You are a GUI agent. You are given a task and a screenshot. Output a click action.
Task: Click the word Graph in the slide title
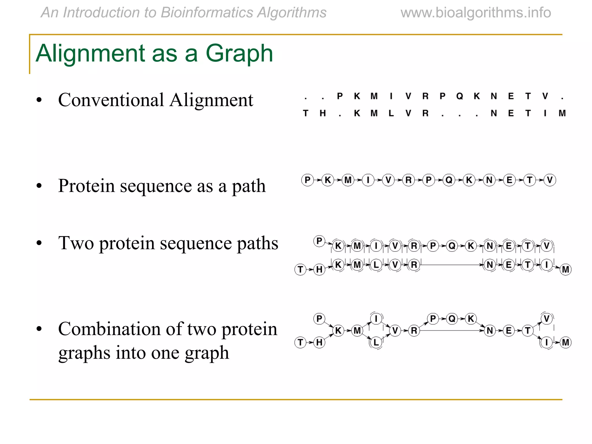tap(239, 53)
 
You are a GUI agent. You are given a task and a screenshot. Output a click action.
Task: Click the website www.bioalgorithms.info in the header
tap(476, 13)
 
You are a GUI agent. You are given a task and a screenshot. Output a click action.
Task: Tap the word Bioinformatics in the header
tap(207, 13)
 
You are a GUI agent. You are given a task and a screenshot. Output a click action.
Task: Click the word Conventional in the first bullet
tap(111, 100)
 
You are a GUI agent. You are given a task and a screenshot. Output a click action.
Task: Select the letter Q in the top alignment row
tap(460, 96)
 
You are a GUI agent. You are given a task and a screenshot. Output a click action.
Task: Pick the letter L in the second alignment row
tap(391, 113)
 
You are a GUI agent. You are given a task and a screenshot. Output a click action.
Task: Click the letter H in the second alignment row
tap(323, 113)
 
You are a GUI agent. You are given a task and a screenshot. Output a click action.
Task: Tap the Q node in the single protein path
tap(449, 180)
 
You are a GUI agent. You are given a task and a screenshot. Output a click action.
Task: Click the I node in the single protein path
tap(368, 180)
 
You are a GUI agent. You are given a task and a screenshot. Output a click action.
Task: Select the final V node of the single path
tap(550, 180)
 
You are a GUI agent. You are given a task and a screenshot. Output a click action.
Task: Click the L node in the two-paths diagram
tap(376, 265)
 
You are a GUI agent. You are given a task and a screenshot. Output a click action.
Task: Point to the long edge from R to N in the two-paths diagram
tap(451, 265)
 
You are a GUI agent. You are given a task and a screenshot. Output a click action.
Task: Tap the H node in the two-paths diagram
tap(319, 269)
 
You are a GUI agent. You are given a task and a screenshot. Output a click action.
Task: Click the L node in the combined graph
tap(376, 343)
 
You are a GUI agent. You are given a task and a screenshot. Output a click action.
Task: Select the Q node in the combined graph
tap(452, 319)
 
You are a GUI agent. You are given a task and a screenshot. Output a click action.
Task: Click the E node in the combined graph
tap(509, 330)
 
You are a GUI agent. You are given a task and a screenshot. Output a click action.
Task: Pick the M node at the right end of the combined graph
tap(566, 343)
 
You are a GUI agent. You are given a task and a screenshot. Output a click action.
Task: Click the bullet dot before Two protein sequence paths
tap(39, 243)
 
